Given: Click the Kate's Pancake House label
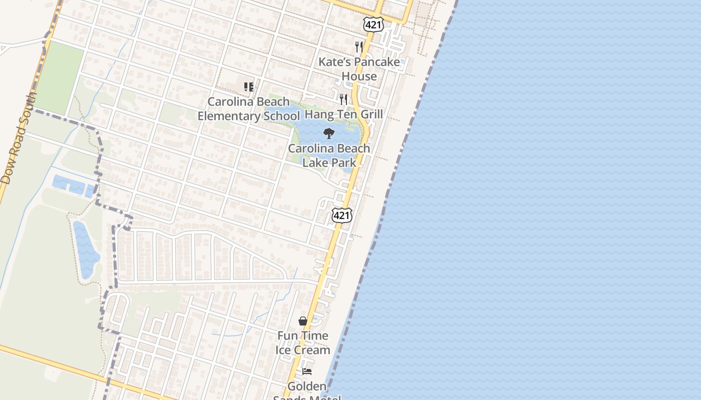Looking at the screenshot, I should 359,69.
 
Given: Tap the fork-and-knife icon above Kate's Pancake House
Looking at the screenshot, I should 359,46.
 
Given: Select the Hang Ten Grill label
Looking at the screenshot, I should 343,114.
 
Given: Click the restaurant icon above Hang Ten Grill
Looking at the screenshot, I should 343,99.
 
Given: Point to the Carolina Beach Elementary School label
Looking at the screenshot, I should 248,108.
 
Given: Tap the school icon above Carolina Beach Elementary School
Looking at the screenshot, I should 248,87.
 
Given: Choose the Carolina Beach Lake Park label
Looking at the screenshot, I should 329,155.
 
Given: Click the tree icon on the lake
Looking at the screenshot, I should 328,133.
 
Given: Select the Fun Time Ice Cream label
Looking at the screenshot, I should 303,342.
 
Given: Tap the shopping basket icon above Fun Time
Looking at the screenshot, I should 303,321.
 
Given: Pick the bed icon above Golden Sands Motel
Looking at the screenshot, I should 307,371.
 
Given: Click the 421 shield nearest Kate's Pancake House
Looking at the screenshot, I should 374,25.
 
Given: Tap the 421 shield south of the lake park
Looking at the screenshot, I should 341,215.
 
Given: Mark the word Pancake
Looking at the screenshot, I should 377,62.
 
